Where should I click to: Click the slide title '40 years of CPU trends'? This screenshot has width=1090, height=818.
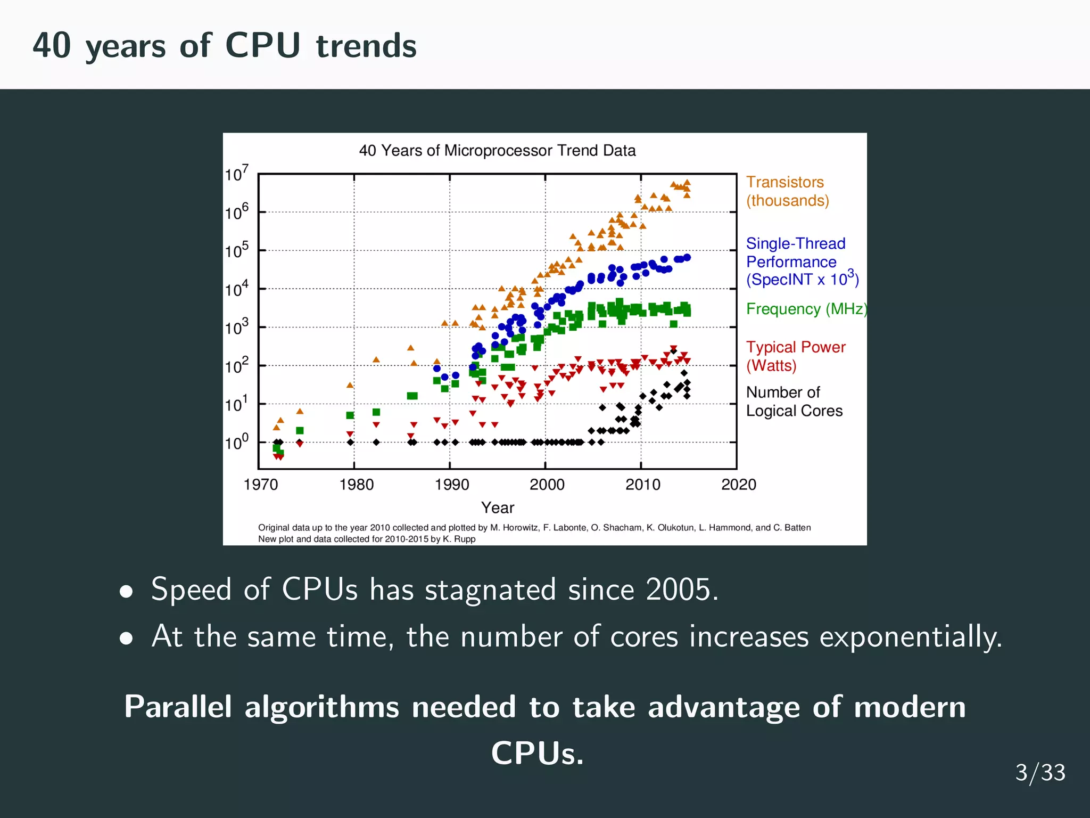click(x=224, y=46)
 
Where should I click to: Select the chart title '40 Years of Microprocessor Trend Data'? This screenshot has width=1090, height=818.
click(x=497, y=151)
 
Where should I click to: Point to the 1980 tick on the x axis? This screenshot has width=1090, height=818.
click(x=356, y=484)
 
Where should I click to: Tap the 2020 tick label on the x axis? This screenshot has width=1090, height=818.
click(x=738, y=484)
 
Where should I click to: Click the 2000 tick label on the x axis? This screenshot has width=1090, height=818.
click(x=547, y=484)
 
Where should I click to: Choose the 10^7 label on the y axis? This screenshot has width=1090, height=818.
click(x=236, y=174)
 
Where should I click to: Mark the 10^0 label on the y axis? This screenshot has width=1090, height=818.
click(x=236, y=442)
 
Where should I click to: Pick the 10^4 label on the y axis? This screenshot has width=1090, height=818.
click(x=236, y=289)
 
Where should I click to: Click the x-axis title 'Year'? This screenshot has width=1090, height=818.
click(x=498, y=508)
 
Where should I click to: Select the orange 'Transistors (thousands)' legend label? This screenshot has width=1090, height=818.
click(x=787, y=191)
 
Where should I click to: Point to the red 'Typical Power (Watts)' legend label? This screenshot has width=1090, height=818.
click(x=795, y=356)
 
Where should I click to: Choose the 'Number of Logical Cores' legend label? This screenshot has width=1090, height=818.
click(x=794, y=402)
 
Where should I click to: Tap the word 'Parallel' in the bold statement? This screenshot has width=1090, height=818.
click(x=178, y=707)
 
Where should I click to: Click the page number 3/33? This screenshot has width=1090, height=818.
click(x=1040, y=773)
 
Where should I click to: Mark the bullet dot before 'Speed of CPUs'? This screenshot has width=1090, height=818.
click(x=126, y=592)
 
